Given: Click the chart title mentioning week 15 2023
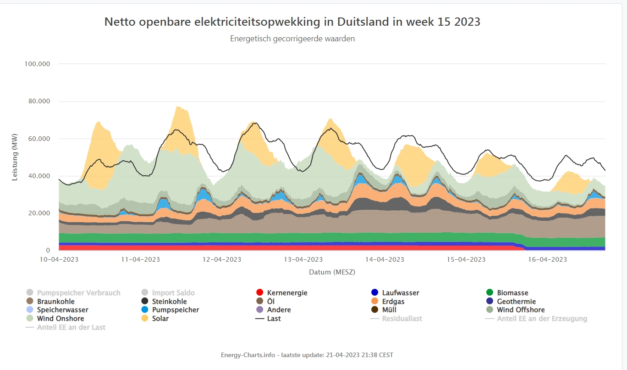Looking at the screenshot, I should [292, 22].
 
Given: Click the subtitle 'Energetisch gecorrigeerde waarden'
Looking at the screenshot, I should [292, 39].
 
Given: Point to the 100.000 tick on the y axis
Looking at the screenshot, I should [37, 64].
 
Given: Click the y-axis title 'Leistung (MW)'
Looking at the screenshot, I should [15, 157].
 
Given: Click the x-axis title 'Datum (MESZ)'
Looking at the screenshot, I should [332, 272].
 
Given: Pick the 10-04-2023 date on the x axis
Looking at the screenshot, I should [59, 259].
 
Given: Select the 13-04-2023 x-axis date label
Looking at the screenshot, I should [303, 259].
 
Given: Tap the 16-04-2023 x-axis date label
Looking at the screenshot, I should [548, 259].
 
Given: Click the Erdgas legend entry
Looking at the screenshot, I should [393, 302].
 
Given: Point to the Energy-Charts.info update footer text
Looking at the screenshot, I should [307, 355].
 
